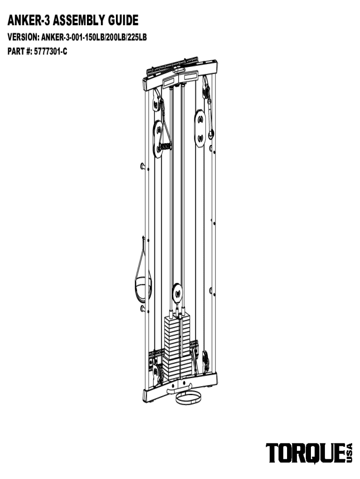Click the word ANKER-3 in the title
click(x=29, y=21)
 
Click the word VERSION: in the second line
click(x=23, y=37)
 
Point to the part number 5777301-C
click(x=50, y=51)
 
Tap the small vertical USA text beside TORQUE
click(x=349, y=453)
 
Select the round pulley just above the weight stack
click(x=177, y=293)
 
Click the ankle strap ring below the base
click(x=188, y=398)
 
